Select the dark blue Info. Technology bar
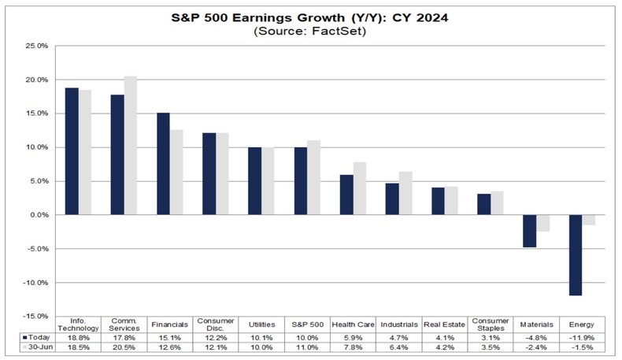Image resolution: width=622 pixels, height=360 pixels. click(72, 150)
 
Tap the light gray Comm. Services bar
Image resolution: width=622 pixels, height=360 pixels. click(131, 145)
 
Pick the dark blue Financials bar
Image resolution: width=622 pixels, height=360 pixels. click(163, 163)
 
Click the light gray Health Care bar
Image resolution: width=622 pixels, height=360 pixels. click(361, 188)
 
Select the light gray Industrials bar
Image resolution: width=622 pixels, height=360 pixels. click(406, 193)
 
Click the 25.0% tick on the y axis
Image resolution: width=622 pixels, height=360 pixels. click(38, 46)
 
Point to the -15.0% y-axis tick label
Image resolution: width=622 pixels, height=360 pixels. click(36, 317)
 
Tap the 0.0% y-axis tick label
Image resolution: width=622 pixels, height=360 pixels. click(39, 215)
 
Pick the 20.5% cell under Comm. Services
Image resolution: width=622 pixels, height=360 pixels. click(124, 348)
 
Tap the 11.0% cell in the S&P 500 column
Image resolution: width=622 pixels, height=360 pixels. click(308, 348)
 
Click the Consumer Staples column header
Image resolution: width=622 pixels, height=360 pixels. click(491, 323)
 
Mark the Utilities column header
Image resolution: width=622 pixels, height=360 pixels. click(261, 323)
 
